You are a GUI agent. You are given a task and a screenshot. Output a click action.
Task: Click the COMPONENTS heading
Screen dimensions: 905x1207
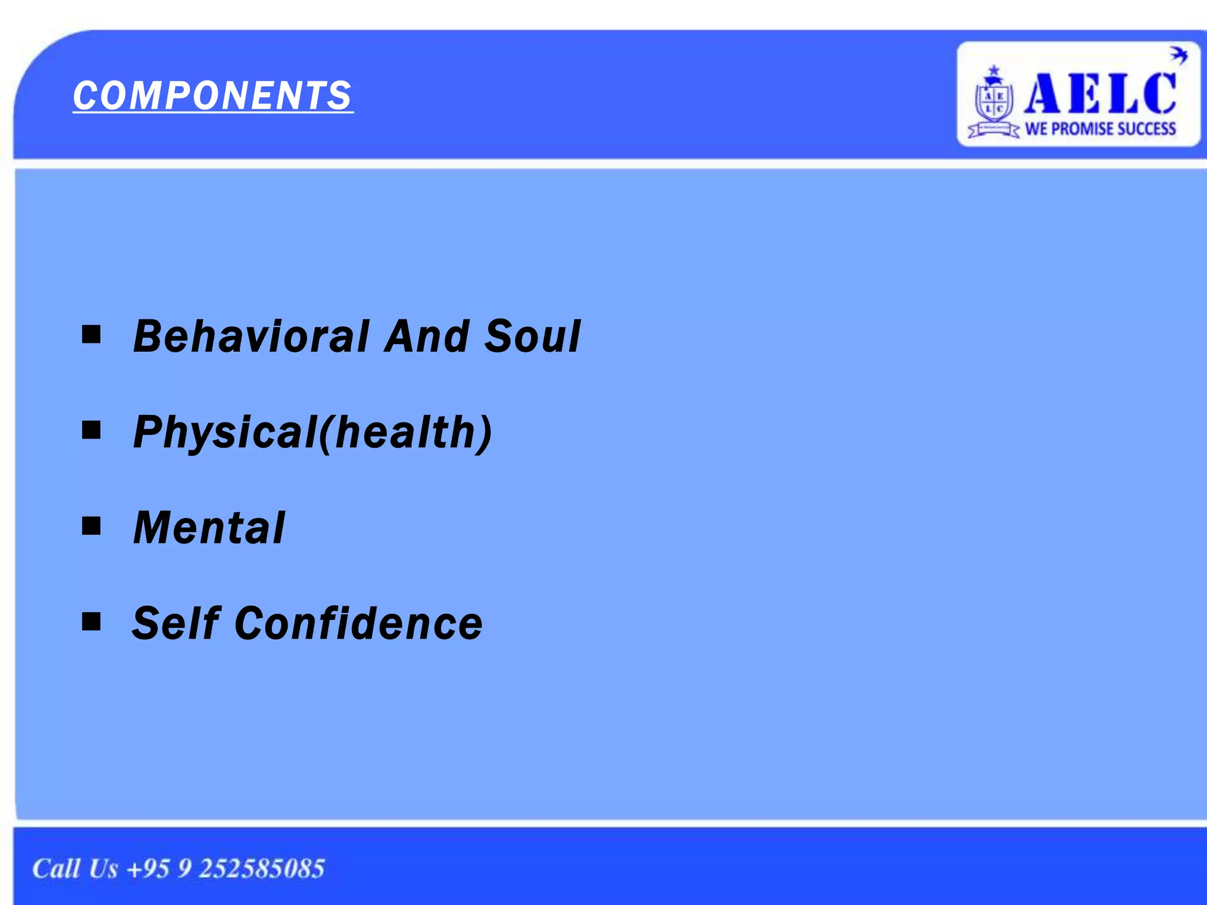point(213,95)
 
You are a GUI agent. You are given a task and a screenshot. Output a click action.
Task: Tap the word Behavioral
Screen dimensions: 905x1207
point(251,336)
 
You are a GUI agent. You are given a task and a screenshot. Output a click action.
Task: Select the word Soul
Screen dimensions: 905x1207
point(532,336)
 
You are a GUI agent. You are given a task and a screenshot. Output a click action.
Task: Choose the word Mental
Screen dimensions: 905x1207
point(209,528)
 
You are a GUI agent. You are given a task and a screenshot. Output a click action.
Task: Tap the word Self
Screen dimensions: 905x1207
point(176,623)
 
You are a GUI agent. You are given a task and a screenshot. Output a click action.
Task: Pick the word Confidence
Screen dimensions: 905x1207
point(359,623)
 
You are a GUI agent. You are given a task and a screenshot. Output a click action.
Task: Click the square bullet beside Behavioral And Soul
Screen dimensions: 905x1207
point(91,335)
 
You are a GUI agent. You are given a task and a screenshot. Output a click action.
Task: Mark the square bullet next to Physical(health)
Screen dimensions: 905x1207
point(91,430)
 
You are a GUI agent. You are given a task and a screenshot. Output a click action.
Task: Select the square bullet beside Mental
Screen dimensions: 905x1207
point(91,526)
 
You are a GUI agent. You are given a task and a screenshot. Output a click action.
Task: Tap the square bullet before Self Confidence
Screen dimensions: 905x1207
point(91,621)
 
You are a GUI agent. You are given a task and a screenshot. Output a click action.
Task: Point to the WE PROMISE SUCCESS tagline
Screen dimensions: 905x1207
point(1100,128)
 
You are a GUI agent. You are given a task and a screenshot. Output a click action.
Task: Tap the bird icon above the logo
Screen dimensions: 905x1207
point(1178,55)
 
